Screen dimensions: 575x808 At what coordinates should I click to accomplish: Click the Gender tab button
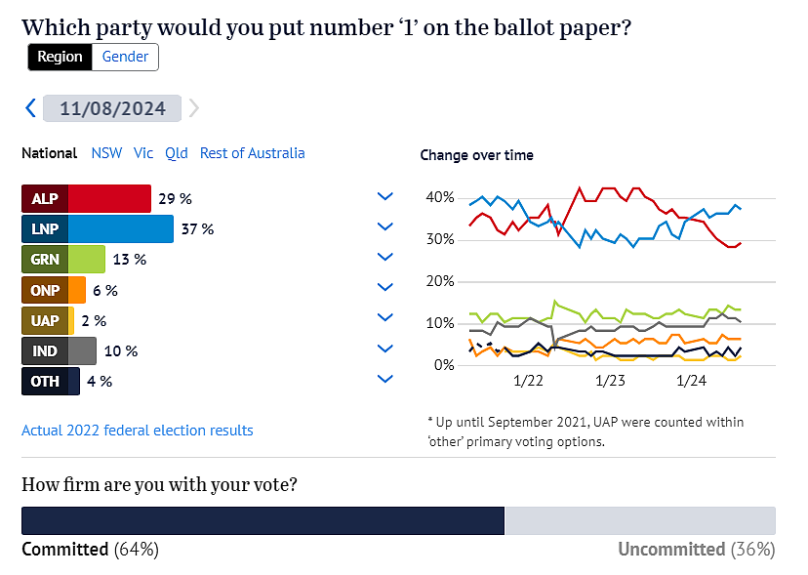125,57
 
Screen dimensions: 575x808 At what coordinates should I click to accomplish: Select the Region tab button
61,57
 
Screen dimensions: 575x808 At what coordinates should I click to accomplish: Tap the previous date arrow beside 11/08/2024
30,107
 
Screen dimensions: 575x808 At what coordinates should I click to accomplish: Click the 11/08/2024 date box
112,107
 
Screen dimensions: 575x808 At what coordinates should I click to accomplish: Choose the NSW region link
106,153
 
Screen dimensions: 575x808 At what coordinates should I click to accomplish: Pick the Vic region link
143,153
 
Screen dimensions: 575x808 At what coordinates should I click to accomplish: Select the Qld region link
177,153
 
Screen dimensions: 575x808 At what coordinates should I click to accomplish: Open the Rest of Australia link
252,153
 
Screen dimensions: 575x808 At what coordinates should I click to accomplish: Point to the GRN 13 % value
130,260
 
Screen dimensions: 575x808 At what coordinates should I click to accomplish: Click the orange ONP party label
45,290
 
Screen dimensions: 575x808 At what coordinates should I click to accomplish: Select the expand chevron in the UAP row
384,318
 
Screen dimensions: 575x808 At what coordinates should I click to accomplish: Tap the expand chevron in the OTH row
384,379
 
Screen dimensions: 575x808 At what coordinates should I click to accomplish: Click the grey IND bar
83,350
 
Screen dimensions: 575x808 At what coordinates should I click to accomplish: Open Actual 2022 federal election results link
138,431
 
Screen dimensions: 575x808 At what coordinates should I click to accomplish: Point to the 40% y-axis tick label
441,198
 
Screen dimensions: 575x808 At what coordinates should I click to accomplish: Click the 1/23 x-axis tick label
610,380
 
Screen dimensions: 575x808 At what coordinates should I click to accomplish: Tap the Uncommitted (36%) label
696,550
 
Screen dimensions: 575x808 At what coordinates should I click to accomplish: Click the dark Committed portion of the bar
263,520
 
